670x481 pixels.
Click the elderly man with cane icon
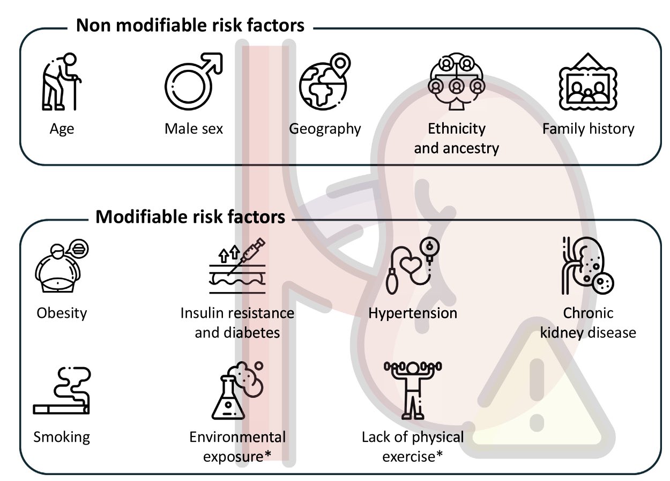61,82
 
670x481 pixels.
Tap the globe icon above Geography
323,85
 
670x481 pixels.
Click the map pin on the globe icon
341,65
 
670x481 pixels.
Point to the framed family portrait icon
588,82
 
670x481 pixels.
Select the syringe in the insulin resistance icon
247,256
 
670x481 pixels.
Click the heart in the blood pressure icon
411,264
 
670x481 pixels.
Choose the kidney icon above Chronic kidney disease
587,265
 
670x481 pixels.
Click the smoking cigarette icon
62,391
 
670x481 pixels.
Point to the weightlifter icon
413,391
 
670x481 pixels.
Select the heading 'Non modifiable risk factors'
190,25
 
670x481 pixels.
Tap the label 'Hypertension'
413,314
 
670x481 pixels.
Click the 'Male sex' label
194,129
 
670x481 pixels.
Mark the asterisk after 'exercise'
440,454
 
